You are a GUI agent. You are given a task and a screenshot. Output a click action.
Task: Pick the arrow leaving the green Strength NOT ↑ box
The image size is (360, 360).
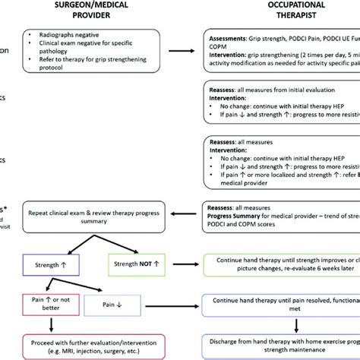(x=189, y=265)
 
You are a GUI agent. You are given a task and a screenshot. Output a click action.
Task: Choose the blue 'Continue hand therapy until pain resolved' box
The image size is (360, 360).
(x=281, y=306)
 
